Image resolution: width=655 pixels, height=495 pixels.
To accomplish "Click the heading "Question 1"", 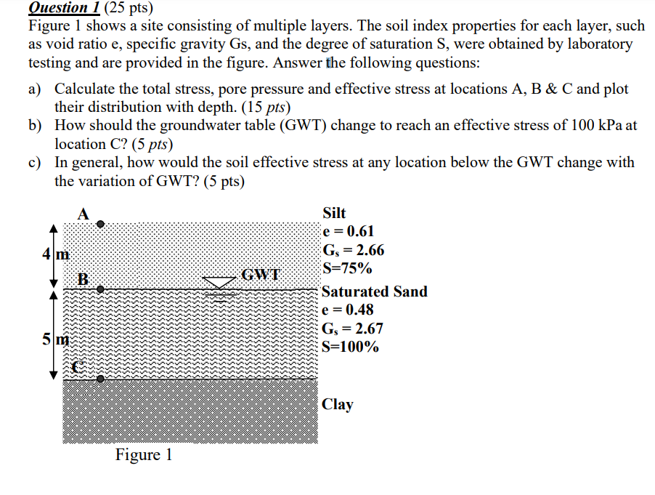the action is click(63, 8).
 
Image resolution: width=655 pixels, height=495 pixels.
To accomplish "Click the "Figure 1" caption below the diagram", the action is click(144, 455).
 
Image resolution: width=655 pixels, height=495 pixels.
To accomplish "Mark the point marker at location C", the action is click(101, 379).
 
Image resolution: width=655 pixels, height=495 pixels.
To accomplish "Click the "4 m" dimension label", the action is click(55, 254).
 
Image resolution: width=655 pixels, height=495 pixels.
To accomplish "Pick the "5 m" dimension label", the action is click(55, 339).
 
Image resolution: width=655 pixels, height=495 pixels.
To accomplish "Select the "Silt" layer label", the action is click(334, 213).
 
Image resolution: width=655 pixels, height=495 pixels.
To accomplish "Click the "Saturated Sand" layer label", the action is click(374, 291).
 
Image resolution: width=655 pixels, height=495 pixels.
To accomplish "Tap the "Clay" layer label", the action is click(337, 404).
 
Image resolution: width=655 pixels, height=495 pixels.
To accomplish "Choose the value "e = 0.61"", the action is click(348, 232).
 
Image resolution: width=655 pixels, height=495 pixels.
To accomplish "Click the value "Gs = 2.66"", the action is click(353, 251).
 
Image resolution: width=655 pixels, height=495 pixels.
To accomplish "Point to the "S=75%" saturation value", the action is click(347, 269).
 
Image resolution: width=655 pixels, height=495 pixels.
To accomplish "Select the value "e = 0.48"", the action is click(348, 310).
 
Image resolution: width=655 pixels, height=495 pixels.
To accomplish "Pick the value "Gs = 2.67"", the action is click(353, 329).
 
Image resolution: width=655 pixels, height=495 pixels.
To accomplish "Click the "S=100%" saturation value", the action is click(350, 347).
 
